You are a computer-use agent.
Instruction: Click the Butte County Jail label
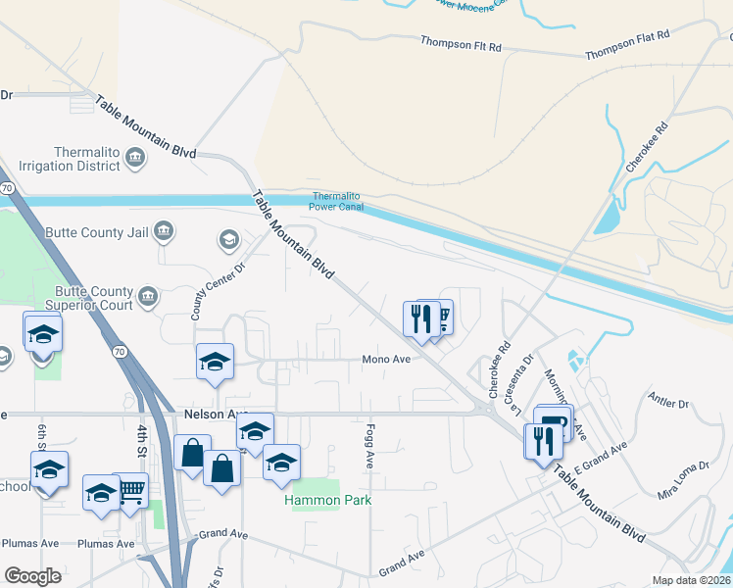click(97, 233)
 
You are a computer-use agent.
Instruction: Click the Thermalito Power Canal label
click(336, 201)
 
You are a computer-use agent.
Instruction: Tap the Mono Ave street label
click(386, 359)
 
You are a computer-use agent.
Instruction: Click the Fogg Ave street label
click(370, 445)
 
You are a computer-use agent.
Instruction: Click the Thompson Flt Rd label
click(461, 44)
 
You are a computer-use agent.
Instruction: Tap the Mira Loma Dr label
click(682, 481)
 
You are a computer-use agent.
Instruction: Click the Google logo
click(31, 576)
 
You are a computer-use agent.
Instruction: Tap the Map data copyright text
click(691, 580)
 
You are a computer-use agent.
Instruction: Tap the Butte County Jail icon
click(163, 232)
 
